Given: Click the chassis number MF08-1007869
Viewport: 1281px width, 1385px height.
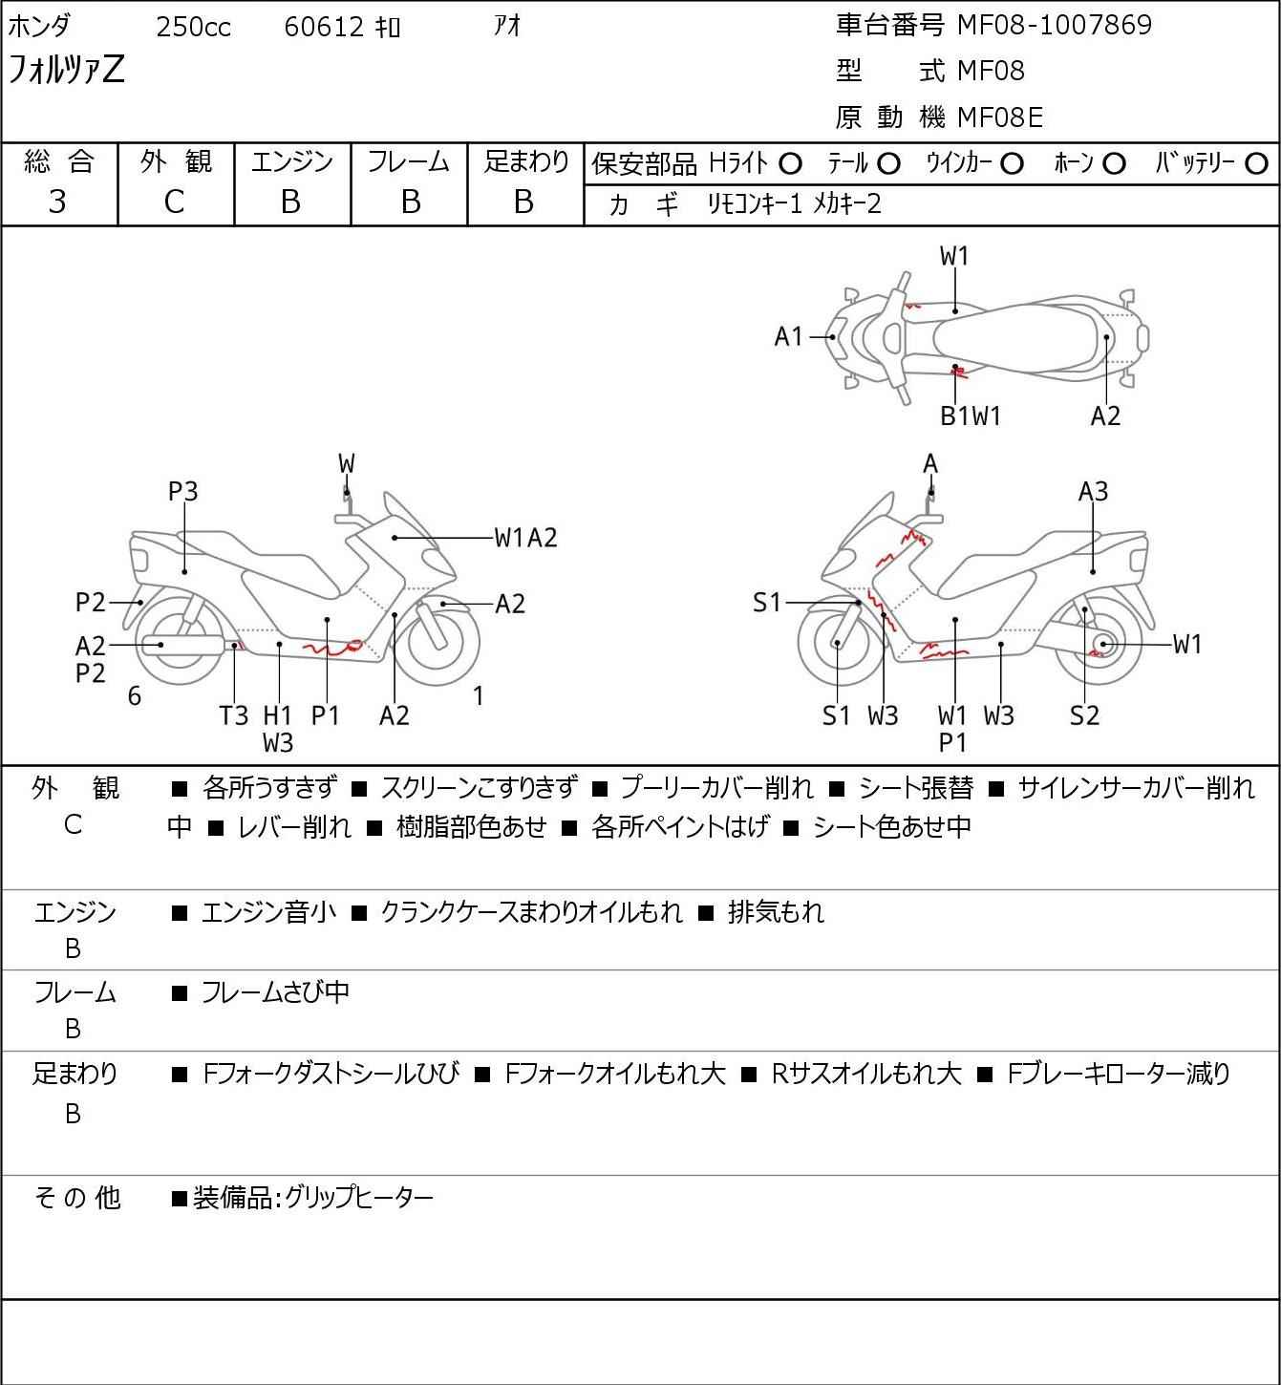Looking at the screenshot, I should [x=1055, y=25].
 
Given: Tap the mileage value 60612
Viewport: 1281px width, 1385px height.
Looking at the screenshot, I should [x=324, y=28].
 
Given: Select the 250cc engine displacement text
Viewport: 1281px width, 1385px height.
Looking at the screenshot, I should [x=193, y=28].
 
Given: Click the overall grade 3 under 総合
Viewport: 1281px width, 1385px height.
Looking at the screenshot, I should [x=57, y=202].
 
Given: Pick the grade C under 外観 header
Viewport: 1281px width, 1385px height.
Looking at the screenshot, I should [x=174, y=202].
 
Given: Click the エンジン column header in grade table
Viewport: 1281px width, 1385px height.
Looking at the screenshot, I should [x=292, y=162].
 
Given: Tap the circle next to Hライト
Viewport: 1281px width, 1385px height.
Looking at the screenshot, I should [x=790, y=164].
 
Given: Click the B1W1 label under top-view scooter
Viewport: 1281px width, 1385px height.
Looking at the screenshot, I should [x=970, y=415].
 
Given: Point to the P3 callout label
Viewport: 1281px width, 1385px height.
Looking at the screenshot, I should [x=182, y=491].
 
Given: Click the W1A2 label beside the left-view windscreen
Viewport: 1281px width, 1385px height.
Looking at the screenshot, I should [x=525, y=538].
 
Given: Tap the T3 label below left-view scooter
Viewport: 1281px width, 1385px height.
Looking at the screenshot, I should [x=234, y=715].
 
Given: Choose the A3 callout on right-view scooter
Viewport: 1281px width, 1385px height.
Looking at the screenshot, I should [x=1093, y=491].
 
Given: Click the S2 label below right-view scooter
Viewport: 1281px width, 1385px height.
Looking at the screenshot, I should [x=1084, y=715].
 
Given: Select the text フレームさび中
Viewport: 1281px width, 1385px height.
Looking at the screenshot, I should [x=275, y=993].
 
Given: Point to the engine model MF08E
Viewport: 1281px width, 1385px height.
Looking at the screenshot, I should [x=1000, y=117].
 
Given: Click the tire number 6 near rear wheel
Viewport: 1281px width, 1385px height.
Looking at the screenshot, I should [x=135, y=696].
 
